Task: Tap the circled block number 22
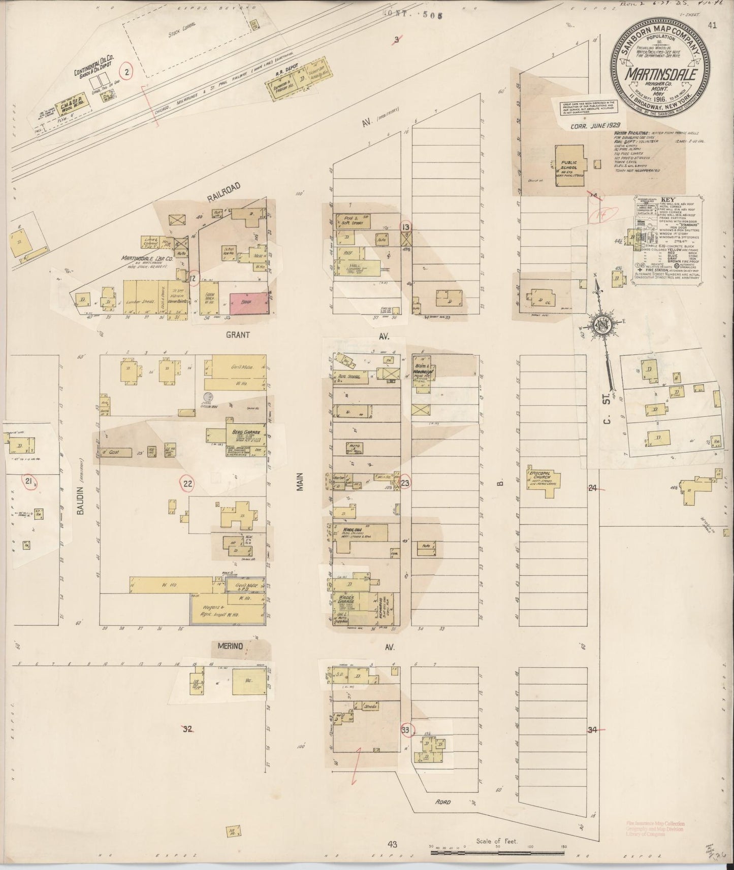tap(188, 484)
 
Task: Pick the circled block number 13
tap(406, 227)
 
